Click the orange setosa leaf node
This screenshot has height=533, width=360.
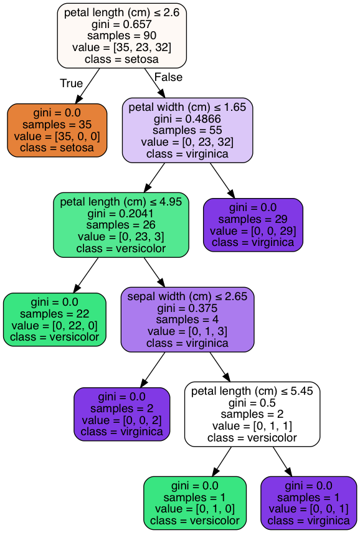(x=57, y=131)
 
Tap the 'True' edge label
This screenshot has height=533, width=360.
(x=72, y=83)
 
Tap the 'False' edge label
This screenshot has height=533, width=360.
(x=168, y=77)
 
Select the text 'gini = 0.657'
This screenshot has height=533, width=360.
(x=121, y=24)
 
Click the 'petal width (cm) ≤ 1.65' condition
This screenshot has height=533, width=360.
(x=187, y=107)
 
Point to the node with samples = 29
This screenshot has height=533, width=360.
(x=253, y=225)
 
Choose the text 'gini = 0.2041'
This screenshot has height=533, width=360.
(x=121, y=214)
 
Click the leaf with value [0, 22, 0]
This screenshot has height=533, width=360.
(x=55, y=319)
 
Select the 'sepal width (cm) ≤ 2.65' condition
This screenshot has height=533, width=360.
(x=187, y=296)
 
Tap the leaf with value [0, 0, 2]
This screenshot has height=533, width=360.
(x=121, y=414)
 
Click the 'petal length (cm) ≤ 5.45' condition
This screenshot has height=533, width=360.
(x=252, y=391)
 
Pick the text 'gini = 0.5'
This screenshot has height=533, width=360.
(x=252, y=403)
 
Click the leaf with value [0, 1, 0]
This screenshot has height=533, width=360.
(x=195, y=503)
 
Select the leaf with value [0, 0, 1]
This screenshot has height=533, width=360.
(x=309, y=503)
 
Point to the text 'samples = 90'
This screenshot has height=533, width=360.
(x=121, y=35)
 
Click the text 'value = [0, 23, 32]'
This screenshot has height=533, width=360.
(x=187, y=142)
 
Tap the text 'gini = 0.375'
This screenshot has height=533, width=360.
(x=187, y=308)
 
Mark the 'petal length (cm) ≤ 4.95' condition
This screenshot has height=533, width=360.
(x=121, y=202)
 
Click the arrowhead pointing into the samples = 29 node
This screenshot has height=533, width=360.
(x=232, y=194)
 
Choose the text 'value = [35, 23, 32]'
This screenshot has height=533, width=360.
(x=121, y=47)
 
